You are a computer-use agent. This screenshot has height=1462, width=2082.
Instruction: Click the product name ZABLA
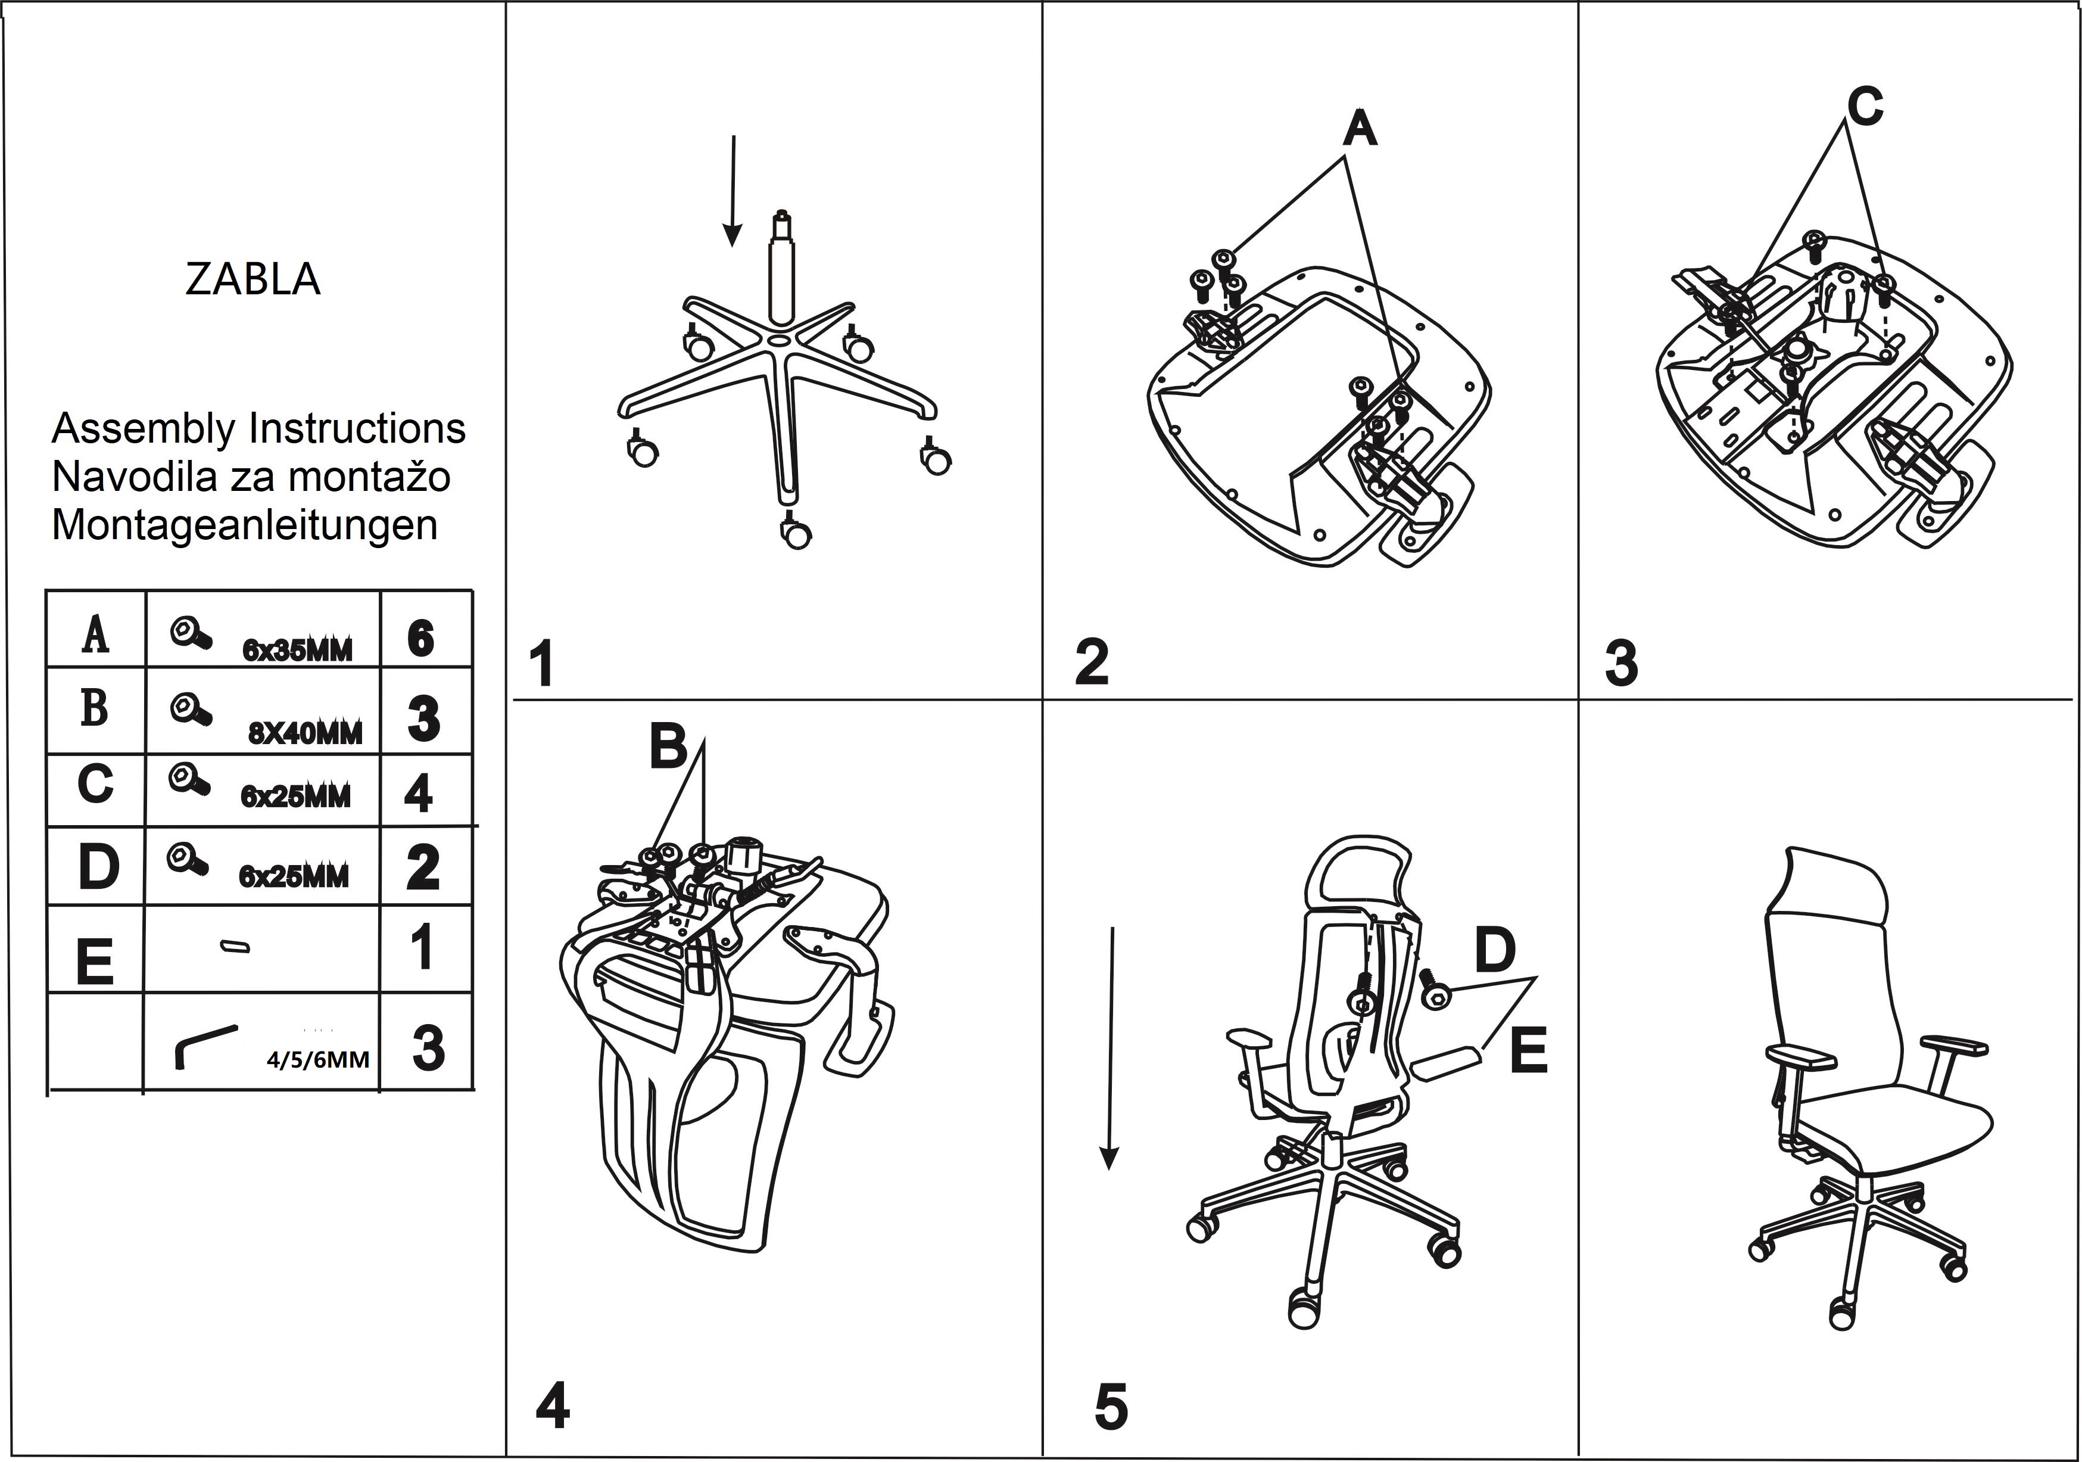(253, 279)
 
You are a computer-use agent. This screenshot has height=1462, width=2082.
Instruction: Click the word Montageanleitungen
(245, 525)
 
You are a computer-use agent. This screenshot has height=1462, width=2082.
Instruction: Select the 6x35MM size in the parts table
(297, 651)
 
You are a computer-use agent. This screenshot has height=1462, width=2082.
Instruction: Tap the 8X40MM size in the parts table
(306, 733)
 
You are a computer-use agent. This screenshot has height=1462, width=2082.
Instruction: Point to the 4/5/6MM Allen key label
(318, 1059)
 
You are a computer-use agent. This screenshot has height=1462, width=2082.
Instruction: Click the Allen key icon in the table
(205, 1047)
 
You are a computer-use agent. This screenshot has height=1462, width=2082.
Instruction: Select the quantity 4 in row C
(418, 795)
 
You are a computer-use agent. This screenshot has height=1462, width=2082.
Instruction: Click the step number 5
(1111, 1407)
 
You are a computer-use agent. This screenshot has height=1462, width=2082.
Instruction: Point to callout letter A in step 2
(1359, 130)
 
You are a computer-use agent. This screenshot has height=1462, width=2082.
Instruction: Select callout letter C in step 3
(1865, 107)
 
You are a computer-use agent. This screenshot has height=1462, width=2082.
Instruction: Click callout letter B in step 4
(668, 747)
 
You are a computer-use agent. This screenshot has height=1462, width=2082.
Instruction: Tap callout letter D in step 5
(1494, 950)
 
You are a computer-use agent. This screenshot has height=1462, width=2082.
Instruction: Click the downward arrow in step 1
(733, 191)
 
